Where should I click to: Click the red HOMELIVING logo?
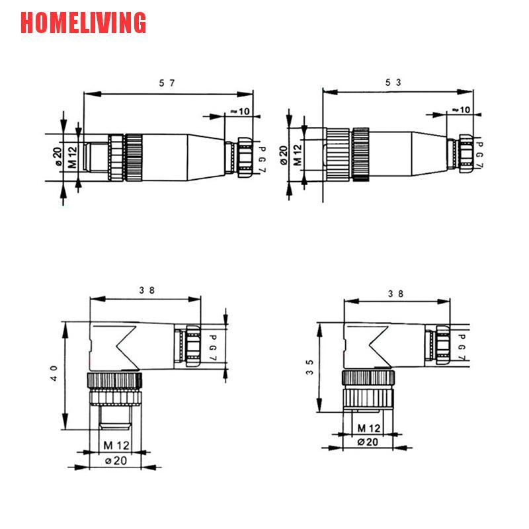(83, 22)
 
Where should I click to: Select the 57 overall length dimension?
(167, 83)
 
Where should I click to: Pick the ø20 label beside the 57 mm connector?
(58, 157)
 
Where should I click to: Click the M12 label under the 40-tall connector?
(116, 444)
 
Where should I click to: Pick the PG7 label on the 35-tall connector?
(462, 347)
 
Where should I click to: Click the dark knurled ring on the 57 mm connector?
(134, 157)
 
